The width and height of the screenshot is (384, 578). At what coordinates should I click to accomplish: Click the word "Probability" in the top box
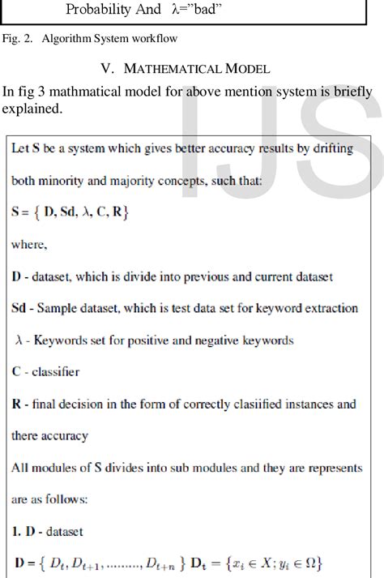101,10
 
